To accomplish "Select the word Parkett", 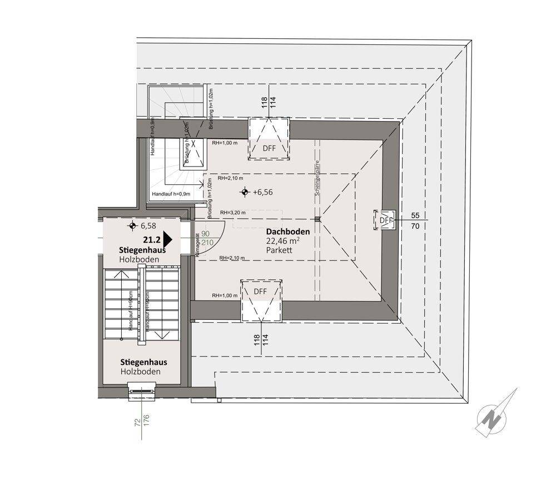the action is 279,251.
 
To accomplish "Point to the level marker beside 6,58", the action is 132,226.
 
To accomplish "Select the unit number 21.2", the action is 152,240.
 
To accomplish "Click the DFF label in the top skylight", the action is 269,148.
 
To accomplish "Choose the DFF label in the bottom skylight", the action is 260,291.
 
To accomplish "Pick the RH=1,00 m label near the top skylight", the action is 224,142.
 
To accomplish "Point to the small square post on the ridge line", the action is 316,218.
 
